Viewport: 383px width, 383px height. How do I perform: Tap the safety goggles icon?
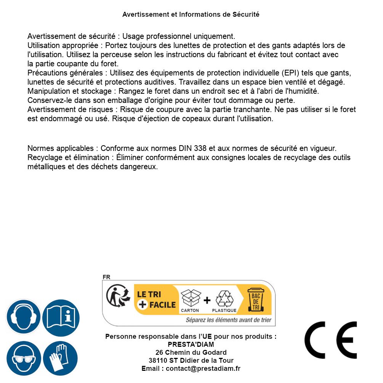point(23,358)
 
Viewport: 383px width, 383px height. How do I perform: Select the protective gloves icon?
point(61,358)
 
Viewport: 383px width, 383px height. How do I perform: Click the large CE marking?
point(330,340)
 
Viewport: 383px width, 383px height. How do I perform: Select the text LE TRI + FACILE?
point(156,300)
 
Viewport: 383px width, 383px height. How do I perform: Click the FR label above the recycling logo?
point(106,277)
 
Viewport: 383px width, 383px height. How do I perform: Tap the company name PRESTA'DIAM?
point(191,345)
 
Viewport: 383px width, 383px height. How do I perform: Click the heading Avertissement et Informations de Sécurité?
point(191,14)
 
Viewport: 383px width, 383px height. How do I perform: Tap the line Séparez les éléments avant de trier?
point(229,320)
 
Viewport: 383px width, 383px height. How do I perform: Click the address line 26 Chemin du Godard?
point(191,353)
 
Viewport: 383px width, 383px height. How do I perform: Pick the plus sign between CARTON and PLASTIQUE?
point(207,300)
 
